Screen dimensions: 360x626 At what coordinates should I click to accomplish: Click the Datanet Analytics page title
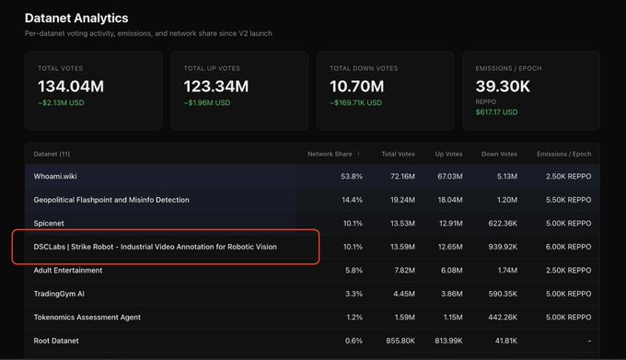point(76,18)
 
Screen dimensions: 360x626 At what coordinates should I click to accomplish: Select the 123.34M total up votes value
point(216,87)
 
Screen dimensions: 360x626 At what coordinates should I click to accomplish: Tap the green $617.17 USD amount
point(496,112)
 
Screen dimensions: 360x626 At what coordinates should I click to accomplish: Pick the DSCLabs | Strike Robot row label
point(155,247)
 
